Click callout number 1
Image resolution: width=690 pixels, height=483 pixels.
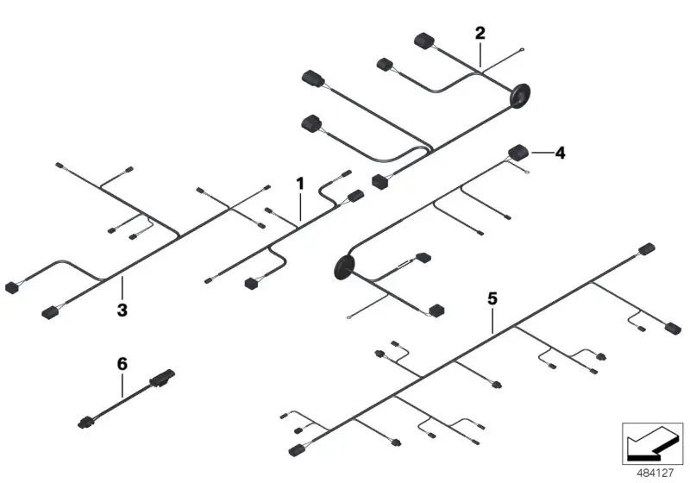(300, 184)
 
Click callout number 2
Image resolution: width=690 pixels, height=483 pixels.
(480, 33)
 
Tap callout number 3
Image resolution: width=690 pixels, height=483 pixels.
(122, 310)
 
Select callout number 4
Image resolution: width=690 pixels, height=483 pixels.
(560, 153)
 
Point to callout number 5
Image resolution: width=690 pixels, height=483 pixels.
(492, 299)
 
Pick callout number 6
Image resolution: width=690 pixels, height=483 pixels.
(122, 364)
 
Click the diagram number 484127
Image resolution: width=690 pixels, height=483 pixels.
(655, 473)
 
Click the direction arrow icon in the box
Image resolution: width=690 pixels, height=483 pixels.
(652, 443)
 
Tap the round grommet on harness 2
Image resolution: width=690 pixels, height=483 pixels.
(520, 96)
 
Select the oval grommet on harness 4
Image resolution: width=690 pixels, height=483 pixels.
(344, 267)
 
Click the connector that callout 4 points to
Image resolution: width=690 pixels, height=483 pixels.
(519, 152)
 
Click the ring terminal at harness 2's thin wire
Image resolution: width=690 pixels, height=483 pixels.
(522, 50)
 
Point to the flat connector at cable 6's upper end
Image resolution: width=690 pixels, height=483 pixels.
(163, 379)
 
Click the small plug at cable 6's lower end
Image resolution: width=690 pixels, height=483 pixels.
(85, 423)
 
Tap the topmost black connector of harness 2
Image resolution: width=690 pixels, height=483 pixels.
(424, 41)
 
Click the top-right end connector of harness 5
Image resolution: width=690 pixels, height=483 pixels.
(647, 248)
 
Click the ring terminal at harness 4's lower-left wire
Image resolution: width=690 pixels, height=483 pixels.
(349, 315)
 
